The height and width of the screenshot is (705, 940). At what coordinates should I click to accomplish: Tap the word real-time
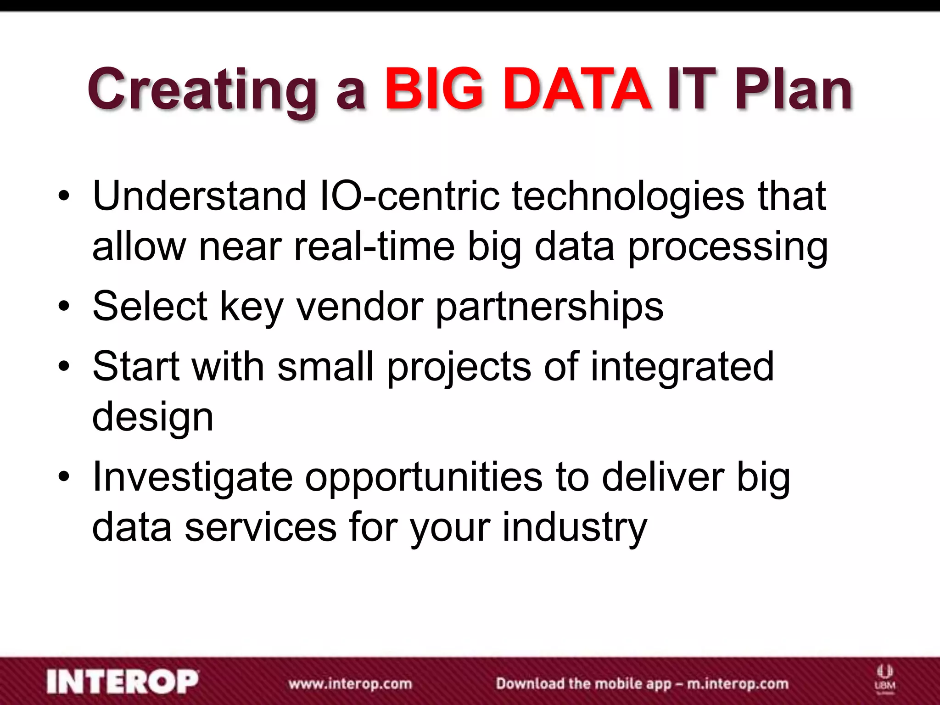click(374, 246)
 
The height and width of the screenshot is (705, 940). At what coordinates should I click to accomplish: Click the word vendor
click(359, 306)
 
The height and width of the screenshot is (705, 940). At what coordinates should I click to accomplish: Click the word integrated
click(682, 367)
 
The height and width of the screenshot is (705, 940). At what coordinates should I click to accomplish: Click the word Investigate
click(192, 477)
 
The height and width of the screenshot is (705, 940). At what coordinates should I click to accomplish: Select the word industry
click(575, 528)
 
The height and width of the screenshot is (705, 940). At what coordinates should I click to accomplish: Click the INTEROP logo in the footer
click(123, 682)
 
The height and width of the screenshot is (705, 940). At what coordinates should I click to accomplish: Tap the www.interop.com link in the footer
click(350, 683)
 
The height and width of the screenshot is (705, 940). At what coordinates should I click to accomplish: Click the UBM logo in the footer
click(885, 678)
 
